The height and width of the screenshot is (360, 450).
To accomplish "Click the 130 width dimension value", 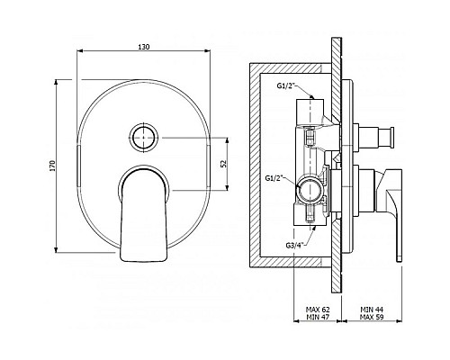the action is pos(143,47).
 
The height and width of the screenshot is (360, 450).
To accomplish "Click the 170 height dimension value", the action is pos(53,166).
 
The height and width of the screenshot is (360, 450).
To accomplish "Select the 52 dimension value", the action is pos(223,164).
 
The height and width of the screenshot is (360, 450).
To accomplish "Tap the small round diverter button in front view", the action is pos(143,137).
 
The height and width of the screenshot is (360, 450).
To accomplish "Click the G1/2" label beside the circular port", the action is pos(274,178).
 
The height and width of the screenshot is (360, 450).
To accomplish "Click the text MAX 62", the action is pos(318,310).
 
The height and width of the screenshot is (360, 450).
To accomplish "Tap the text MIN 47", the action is pos(318,317).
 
